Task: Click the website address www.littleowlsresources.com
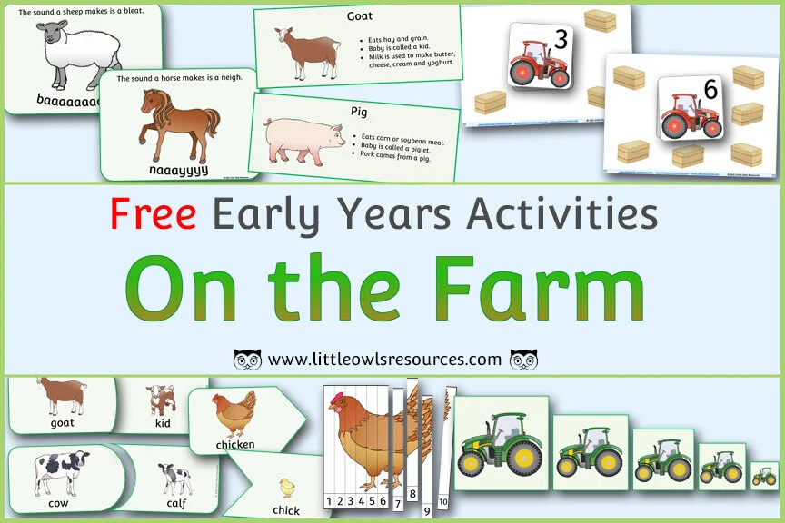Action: click(385, 360)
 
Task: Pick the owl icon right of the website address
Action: click(523, 360)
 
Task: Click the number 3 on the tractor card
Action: click(560, 40)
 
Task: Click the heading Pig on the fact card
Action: click(358, 111)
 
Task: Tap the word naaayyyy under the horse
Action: click(178, 170)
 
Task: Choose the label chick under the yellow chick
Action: click(286, 510)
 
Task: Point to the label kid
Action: click(164, 422)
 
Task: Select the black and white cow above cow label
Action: click(62, 472)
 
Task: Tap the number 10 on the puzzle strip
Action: click(443, 501)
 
